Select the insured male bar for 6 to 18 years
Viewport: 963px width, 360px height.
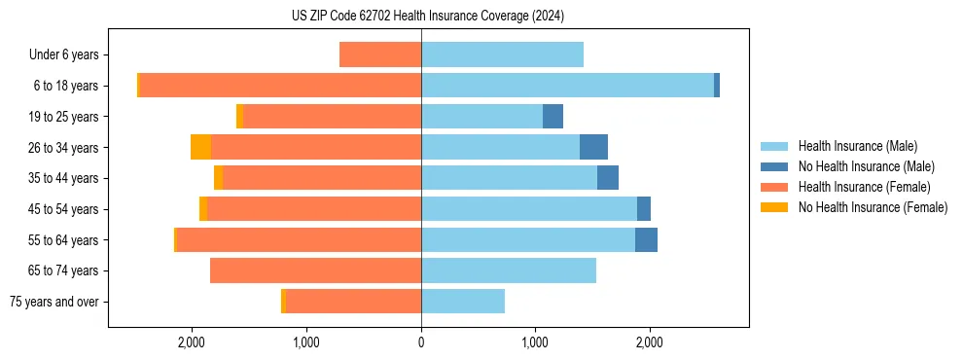[567, 86]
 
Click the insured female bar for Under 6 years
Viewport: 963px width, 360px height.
[379, 54]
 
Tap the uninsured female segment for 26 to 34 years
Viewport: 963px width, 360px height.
[200, 147]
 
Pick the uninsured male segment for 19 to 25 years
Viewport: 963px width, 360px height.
[553, 117]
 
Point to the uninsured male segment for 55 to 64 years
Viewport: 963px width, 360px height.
[646, 240]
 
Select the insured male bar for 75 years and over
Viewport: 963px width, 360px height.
[463, 302]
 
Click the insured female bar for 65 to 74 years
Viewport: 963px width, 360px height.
[315, 270]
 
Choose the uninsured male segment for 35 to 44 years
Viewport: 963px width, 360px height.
[608, 178]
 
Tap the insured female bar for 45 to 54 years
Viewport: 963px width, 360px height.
[313, 209]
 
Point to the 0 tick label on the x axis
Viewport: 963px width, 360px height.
[421, 342]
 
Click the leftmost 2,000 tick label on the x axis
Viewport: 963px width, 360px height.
[192, 342]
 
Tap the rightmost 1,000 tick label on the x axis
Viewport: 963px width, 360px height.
[535, 342]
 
